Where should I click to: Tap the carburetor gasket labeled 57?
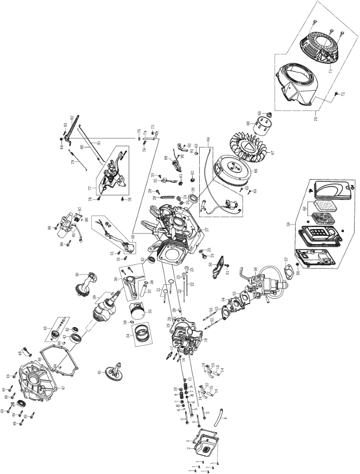[x=289, y=271]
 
